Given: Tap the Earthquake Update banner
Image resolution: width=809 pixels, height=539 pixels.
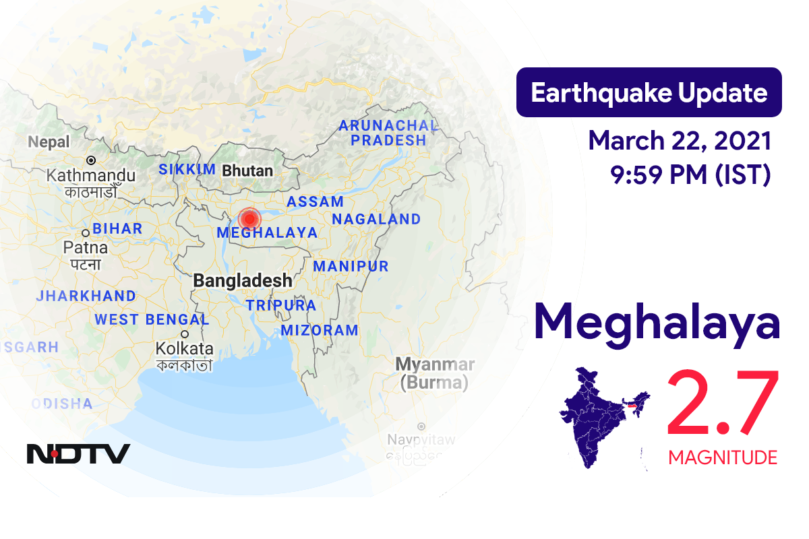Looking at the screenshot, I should click(649, 93).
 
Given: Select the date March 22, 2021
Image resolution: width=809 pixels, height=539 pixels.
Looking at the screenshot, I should click(680, 141).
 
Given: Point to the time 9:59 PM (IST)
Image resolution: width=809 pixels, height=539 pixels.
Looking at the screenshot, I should click(690, 175).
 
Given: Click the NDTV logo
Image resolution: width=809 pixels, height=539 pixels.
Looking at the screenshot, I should click(78, 453).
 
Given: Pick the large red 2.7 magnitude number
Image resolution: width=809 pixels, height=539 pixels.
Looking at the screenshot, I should click(723, 404).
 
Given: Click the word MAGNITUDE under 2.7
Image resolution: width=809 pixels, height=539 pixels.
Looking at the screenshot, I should click(723, 458).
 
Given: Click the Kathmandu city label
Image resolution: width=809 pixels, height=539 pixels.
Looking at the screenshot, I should click(91, 175).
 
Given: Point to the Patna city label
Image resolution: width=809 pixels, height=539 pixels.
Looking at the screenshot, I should click(86, 247).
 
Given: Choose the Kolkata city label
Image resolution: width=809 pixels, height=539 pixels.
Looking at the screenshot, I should click(184, 348).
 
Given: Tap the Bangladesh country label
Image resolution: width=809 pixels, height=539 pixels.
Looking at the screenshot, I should click(243, 281).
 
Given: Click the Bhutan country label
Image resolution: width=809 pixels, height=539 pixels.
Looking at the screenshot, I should click(247, 170).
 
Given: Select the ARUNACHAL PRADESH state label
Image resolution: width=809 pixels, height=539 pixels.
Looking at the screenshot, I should click(388, 133).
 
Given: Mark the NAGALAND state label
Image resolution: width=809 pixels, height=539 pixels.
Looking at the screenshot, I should click(376, 220).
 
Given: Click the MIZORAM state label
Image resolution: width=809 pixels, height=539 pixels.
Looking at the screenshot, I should click(320, 330).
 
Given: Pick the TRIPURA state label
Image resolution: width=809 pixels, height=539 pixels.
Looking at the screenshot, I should click(280, 305).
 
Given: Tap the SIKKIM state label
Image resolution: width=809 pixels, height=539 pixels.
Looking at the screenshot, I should click(187, 170).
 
